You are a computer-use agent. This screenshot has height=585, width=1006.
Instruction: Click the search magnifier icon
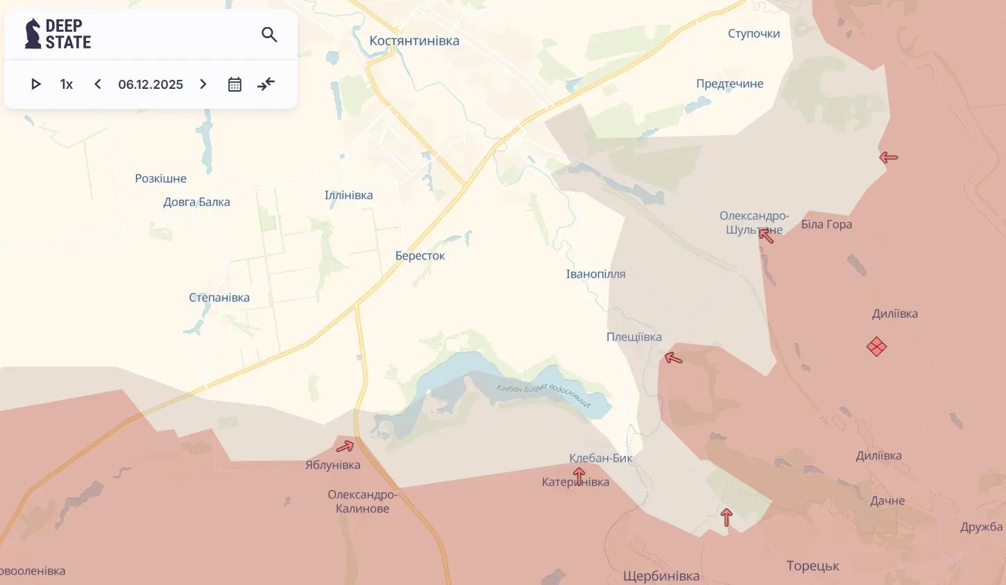click(x=269, y=35)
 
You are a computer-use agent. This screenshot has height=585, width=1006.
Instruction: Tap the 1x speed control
click(x=67, y=85)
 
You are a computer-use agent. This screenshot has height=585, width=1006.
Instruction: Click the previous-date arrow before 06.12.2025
click(x=98, y=85)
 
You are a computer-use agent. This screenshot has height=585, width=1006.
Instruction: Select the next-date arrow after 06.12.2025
click(x=203, y=85)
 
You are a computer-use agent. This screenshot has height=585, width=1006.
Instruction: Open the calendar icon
click(x=235, y=85)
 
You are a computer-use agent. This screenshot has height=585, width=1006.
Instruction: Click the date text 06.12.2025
click(x=151, y=85)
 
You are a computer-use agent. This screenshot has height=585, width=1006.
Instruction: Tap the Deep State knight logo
click(x=33, y=34)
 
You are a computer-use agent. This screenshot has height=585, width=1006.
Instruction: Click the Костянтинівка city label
click(x=414, y=41)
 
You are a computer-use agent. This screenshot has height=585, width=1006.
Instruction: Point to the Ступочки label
click(x=753, y=33)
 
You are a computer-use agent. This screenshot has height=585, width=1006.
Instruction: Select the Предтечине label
click(x=729, y=84)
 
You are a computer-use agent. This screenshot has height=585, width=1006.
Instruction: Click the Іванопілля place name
click(x=595, y=274)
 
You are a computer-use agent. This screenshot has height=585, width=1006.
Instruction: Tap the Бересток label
click(x=420, y=256)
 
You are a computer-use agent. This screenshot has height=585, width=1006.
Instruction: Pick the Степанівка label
click(x=219, y=298)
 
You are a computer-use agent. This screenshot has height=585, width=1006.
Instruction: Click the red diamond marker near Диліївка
click(x=876, y=346)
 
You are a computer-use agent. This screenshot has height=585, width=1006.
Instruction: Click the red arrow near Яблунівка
click(x=345, y=446)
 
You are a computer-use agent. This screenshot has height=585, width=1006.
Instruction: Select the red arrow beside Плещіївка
click(x=673, y=358)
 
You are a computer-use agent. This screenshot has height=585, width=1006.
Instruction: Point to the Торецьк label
click(x=812, y=566)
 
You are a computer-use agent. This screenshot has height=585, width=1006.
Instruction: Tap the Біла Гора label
click(x=826, y=224)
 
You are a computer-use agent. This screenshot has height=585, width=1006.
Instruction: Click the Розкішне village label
click(x=160, y=178)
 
